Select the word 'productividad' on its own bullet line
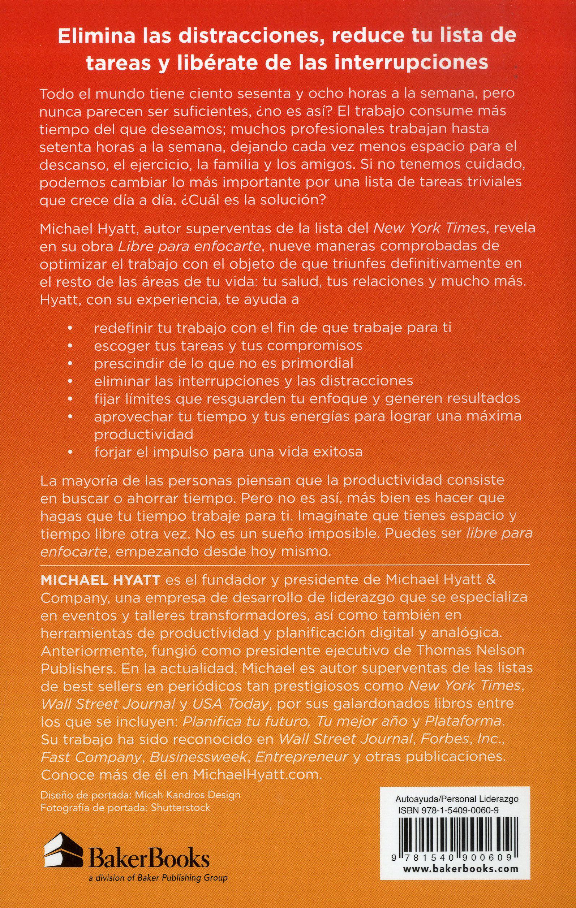point(143,434)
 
